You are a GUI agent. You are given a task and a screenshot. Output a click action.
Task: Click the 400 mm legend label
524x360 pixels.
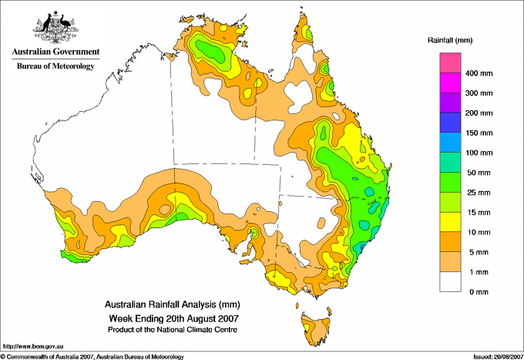point(479,73)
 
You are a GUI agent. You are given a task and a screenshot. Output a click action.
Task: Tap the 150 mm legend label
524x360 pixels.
point(479,133)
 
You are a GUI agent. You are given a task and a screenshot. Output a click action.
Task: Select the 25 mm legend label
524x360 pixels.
point(479,193)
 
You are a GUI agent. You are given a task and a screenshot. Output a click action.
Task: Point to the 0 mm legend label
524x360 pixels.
point(479,292)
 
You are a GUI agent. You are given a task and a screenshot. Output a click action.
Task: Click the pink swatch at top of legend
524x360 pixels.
point(450,63)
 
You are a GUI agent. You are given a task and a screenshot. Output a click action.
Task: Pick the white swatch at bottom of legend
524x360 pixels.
point(450,281)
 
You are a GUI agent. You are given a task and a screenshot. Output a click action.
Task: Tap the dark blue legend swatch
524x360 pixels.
point(450,123)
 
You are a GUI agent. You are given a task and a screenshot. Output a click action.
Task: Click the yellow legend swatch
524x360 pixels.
point(450,222)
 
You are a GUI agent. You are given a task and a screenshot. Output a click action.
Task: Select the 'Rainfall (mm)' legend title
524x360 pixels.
point(450,40)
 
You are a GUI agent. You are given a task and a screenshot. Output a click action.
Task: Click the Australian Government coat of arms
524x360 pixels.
point(55,27)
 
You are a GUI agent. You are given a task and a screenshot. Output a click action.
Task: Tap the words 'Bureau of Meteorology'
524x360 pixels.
point(55,66)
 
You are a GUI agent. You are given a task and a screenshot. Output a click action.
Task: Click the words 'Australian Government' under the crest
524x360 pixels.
point(55,52)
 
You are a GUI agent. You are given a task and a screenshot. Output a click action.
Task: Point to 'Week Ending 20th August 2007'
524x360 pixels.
point(174,318)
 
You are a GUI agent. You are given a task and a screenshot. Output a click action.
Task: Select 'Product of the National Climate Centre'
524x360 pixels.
point(173,330)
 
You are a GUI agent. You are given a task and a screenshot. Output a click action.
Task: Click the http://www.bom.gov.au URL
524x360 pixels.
point(33,347)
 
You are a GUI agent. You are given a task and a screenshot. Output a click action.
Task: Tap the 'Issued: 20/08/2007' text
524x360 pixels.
point(499,357)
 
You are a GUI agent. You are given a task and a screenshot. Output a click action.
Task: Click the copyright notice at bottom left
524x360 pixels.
point(92,357)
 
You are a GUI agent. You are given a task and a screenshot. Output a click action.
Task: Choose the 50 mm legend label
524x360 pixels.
point(479,173)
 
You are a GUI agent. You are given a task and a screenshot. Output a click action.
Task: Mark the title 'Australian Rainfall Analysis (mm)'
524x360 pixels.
point(173,304)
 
